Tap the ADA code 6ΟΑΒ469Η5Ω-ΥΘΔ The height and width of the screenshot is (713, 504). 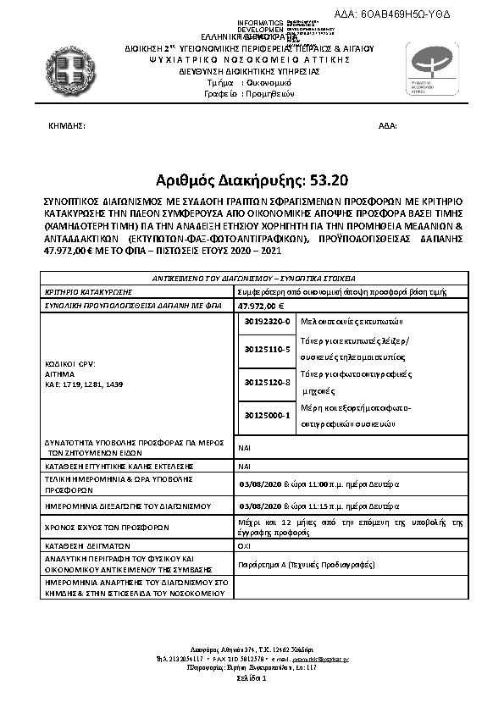pos(417,15)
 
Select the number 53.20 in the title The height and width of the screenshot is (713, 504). pos(322,180)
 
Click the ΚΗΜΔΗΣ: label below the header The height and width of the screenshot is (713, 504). pos(67,125)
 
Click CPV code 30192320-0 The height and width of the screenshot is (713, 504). pos(266,322)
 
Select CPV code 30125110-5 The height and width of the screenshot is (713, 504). pos(266,349)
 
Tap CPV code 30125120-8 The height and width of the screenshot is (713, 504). pos(266,383)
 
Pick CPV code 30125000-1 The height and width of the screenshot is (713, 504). pos(266,416)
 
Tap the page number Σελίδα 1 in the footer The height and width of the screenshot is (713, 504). pos(252,678)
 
